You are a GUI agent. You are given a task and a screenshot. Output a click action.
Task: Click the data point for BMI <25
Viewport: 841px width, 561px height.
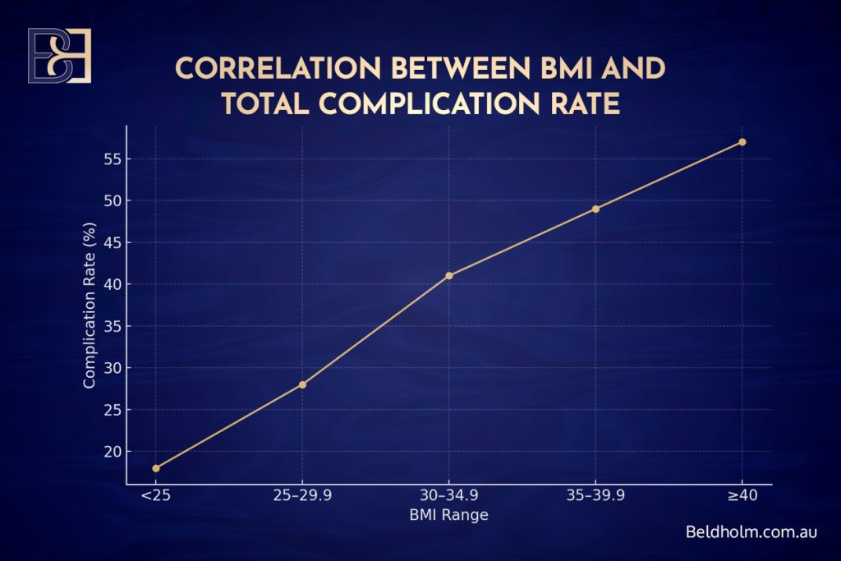(156, 468)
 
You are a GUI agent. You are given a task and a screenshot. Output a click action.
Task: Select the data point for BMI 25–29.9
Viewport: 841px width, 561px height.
(302, 384)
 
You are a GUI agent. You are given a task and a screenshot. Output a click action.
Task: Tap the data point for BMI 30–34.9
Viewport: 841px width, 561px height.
(449, 275)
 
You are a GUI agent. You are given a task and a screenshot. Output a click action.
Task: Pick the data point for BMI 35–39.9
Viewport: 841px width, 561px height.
(595, 209)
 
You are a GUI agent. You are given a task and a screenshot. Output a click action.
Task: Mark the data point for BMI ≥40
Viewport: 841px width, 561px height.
(742, 142)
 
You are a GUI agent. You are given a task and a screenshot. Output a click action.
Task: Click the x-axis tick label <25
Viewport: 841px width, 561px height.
(156, 496)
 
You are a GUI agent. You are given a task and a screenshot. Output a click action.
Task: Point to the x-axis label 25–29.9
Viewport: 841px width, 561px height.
(302, 496)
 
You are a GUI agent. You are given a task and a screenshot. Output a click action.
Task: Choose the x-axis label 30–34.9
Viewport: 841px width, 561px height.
(448, 496)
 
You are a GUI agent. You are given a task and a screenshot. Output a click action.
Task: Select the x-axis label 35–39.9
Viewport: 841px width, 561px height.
(595, 496)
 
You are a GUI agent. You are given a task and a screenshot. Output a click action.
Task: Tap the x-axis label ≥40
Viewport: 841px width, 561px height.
(742, 496)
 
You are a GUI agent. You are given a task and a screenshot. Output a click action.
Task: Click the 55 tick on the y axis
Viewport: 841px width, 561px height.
(112, 159)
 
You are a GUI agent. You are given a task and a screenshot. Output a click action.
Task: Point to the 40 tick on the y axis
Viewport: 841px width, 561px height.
(112, 284)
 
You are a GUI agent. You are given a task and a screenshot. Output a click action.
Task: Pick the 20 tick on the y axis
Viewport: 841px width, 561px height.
(112, 452)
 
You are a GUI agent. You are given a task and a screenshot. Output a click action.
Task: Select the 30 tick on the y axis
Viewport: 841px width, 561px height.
(112, 368)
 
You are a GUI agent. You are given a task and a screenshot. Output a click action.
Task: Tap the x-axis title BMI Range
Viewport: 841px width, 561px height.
(448, 516)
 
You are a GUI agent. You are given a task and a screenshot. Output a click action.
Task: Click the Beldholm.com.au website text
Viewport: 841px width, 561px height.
(751, 531)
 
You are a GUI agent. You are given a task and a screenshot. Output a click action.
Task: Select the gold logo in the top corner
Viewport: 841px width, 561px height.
(59, 56)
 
